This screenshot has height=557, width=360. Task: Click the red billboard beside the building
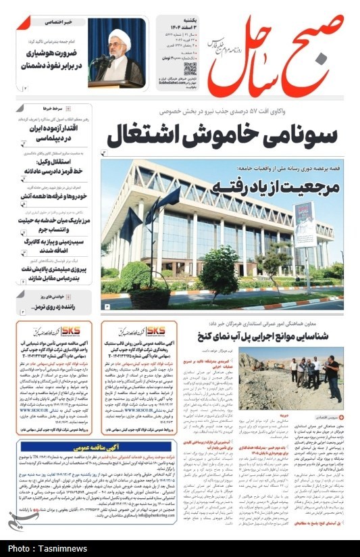[305, 223]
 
